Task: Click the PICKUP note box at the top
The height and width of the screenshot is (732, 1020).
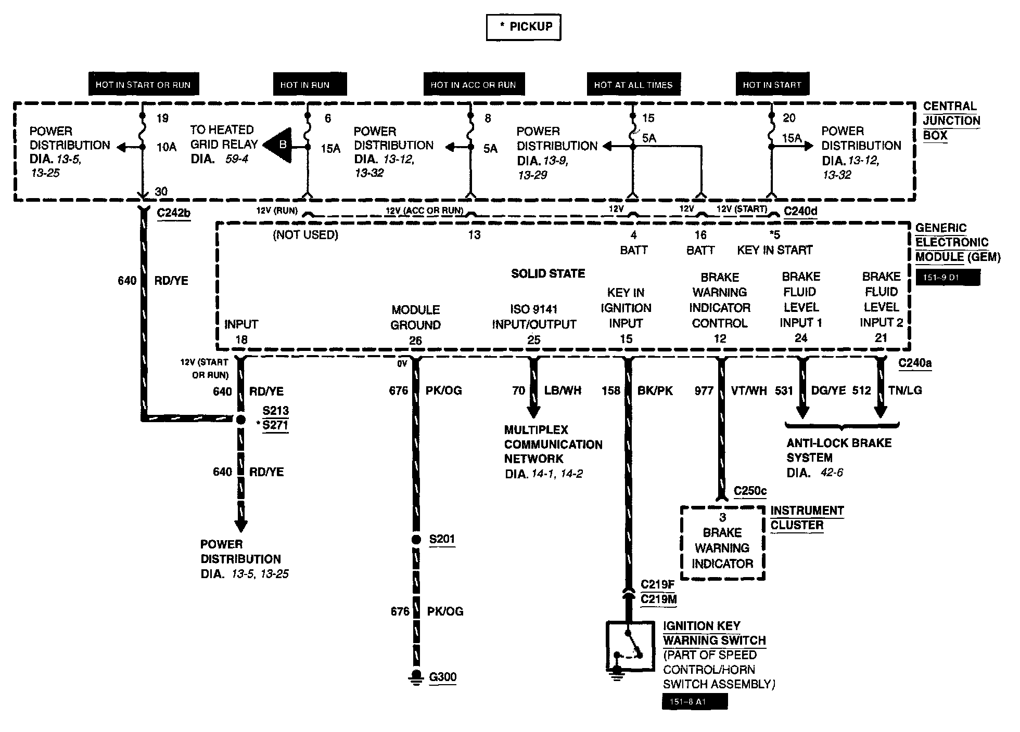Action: [x=524, y=27]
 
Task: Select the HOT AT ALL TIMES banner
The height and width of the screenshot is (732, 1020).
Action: [x=633, y=85]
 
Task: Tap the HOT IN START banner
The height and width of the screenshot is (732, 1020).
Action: [x=772, y=85]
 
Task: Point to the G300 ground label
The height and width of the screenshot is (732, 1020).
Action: [x=443, y=677]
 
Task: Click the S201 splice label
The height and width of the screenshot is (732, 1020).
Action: [x=442, y=539]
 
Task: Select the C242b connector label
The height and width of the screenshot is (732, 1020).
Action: [x=173, y=213]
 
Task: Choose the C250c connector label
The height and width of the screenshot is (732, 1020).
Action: [x=750, y=491]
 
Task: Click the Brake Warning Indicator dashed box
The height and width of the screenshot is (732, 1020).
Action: [x=722, y=543]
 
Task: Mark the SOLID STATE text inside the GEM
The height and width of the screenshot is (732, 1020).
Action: [x=548, y=273]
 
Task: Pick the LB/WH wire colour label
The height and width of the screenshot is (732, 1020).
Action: [x=563, y=390]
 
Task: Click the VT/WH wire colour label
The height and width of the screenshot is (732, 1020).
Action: [x=749, y=390]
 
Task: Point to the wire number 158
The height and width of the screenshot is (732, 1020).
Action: [x=611, y=390]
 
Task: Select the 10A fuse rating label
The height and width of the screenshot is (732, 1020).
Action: [x=167, y=147]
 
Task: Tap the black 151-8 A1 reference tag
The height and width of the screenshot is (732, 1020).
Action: [x=695, y=702]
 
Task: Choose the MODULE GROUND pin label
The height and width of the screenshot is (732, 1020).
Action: [x=416, y=317]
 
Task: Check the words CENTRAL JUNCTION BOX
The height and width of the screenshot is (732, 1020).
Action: [x=951, y=121]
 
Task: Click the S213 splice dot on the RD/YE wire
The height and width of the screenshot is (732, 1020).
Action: [x=240, y=419]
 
